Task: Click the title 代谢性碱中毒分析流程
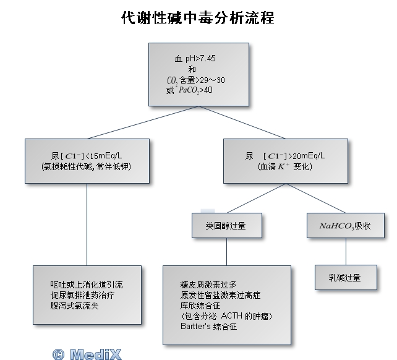pos(198,18)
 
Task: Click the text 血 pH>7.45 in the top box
pos(195,59)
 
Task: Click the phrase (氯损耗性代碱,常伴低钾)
pos(87,167)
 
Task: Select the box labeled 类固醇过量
pos(226,226)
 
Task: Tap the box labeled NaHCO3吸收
pos(345,226)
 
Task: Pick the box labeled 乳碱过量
pos(345,278)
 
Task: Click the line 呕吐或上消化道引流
pos(87,285)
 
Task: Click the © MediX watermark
pos(87,354)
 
